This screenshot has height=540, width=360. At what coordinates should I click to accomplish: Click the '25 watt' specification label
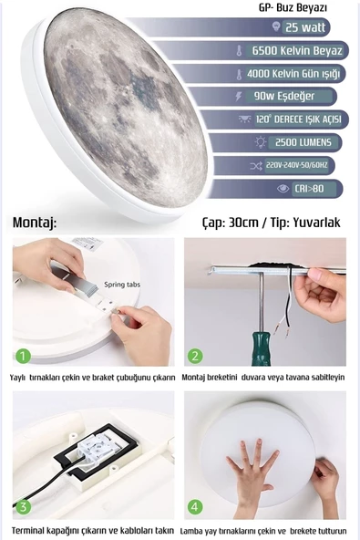305,27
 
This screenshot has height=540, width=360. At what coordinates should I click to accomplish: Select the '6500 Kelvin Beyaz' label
297,51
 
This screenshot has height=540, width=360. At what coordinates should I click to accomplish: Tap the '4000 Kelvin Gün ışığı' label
293,74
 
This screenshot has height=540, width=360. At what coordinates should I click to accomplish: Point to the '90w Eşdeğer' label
284,96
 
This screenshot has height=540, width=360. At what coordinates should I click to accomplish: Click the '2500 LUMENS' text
303,142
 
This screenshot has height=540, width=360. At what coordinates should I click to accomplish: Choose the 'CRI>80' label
309,189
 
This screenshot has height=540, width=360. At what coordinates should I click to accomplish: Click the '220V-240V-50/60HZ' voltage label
296,165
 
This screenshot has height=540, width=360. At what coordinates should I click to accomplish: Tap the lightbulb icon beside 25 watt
275,26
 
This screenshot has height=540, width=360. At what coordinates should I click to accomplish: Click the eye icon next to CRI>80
283,189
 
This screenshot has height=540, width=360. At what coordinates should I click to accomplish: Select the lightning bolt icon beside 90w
238,97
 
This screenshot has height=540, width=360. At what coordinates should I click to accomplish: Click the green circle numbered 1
23,356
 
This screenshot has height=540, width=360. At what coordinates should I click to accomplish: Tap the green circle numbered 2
195,356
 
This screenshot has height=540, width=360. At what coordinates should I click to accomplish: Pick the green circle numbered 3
23,506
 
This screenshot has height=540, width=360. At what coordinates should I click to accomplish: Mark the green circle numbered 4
195,506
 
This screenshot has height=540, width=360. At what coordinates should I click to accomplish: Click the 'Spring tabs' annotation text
122,285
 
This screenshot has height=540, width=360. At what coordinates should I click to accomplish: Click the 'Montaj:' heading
35,223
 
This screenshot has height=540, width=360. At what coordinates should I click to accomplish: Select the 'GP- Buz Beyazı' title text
293,7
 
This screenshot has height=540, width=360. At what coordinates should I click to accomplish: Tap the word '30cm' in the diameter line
243,223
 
